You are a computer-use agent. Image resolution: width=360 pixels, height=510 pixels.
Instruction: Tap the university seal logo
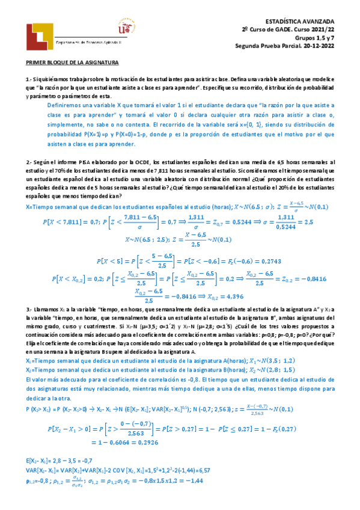pyautogui.click(x=126, y=28)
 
